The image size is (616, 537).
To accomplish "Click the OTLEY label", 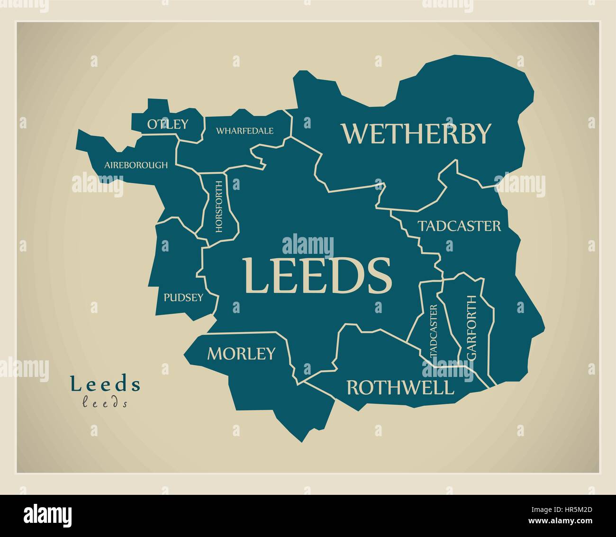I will tap(167, 124).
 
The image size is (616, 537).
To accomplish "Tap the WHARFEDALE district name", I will tap(245, 131).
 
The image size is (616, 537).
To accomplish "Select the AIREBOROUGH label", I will tap(136, 165).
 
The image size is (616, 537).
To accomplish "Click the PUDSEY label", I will tap(183, 297).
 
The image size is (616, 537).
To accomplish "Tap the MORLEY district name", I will tap(241, 353).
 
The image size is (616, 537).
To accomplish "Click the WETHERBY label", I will tap(416, 134).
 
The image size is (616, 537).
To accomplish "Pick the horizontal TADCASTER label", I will tap(459, 226).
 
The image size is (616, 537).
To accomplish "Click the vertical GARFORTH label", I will tap(471, 328).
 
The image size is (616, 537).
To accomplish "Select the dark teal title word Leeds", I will tap(105, 384).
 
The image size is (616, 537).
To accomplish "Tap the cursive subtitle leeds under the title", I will tap(105, 403).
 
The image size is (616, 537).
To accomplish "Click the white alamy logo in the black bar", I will tap(47, 515).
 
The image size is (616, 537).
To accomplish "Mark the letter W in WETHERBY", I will tap(355, 134).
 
